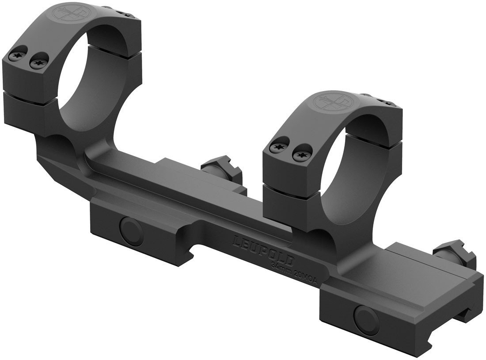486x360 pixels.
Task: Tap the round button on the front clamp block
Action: tap(363, 316)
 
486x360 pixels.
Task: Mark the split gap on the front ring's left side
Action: tap(287, 179)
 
